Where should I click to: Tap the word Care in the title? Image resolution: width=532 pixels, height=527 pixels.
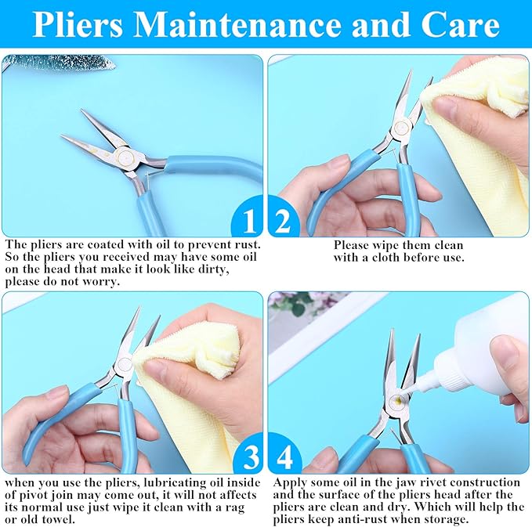(x=460, y=25)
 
